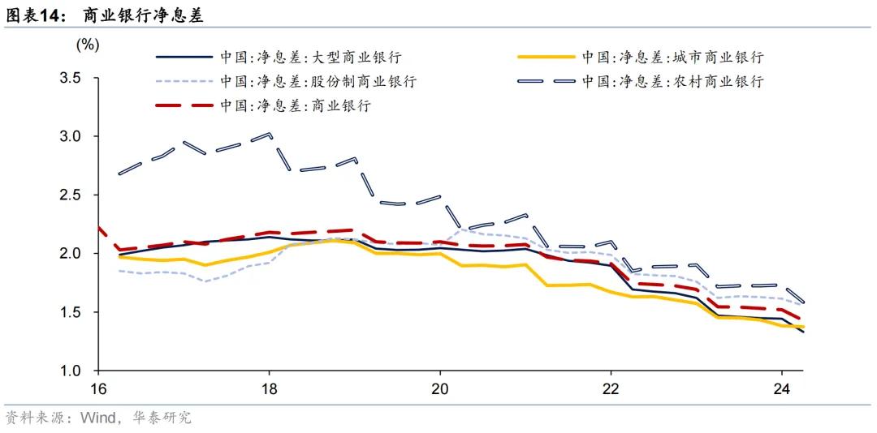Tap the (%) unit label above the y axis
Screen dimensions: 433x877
pos(87,45)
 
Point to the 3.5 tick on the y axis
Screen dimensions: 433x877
pos(71,79)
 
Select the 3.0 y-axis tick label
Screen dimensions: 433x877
pos(71,137)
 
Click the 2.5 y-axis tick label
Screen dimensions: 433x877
pos(71,195)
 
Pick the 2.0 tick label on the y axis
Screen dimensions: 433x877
pos(71,254)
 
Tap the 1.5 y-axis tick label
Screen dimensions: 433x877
pos(71,312)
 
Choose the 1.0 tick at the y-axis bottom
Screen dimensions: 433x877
pos(71,371)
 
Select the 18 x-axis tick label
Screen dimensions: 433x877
pos(269,387)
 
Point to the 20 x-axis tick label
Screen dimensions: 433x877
pos(439,387)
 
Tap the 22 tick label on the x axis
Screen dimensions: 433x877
pos(611,387)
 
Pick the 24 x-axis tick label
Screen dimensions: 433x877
pos(781,387)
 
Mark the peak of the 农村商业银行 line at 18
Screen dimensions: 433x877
pos(269,134)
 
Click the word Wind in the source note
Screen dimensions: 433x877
pos(97,418)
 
